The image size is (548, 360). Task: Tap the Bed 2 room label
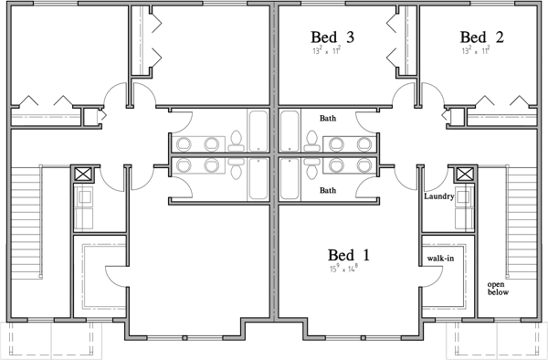[482, 37]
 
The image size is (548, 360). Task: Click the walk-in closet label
[440, 259]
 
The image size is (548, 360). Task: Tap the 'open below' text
[498, 288]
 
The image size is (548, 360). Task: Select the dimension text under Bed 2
[476, 52]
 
